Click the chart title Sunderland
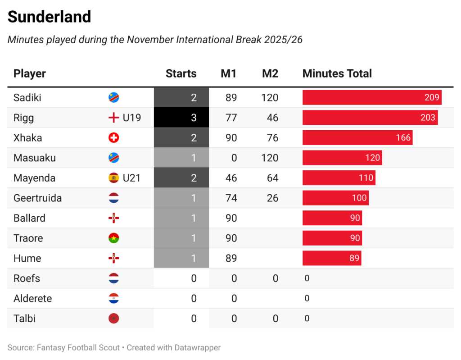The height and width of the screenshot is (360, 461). tap(50, 17)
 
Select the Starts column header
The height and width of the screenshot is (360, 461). tap(181, 73)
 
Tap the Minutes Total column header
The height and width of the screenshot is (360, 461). tap(337, 73)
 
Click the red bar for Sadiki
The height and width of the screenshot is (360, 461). tap(372, 97)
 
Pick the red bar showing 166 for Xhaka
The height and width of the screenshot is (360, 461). tap(357, 138)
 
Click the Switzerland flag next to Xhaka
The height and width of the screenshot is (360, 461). tap(114, 138)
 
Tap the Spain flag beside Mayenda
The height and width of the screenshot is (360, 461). tap(114, 178)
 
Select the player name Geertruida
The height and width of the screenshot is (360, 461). tap(38, 198)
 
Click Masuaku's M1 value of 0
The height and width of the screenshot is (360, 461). tap(234, 158)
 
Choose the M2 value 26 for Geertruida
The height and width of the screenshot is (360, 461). tap(272, 198)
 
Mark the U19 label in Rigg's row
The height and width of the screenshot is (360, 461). tap(132, 118)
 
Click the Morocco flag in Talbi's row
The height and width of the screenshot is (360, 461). tap(114, 319)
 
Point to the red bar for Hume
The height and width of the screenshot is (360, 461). tap(331, 258)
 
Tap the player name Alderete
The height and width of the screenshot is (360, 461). tap(32, 298)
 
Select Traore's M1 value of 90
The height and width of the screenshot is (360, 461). tap(231, 238)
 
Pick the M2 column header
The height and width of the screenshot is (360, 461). tap(270, 73)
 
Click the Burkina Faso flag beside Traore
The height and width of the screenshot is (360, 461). tap(114, 238)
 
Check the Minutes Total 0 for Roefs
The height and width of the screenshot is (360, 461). tap(307, 278)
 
